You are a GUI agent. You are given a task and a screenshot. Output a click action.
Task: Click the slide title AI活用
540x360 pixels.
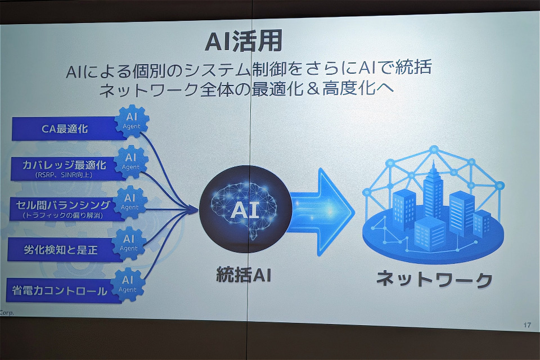pyautogui.click(x=244, y=41)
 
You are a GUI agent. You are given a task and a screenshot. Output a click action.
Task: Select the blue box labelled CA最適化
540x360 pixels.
pyautogui.click(x=65, y=128)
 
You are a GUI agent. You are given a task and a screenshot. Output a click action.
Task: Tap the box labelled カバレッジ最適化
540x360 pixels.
pyautogui.click(x=65, y=168)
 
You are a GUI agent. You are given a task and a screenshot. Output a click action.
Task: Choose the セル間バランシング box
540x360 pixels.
pyautogui.click(x=64, y=209)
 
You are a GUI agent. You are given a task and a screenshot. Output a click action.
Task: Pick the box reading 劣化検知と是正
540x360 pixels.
pyautogui.click(x=62, y=249)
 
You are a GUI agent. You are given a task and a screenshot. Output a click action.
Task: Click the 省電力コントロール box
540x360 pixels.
pyautogui.click(x=61, y=291)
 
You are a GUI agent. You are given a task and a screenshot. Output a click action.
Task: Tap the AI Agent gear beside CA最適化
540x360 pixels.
pyautogui.click(x=132, y=121)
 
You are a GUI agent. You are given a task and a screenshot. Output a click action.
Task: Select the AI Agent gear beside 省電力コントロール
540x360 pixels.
pyautogui.click(x=128, y=284)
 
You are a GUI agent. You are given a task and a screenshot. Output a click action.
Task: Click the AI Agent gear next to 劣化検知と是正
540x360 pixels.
pyautogui.click(x=129, y=243)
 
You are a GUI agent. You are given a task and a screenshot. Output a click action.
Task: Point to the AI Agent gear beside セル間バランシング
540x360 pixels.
pyautogui.click(x=130, y=202)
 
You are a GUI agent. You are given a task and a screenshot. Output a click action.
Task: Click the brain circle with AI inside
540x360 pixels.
pyautogui.click(x=245, y=209)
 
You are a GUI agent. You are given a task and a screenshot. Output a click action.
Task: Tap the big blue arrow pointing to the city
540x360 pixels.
pyautogui.click(x=320, y=211)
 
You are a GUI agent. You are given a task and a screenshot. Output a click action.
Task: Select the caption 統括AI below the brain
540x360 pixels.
pyautogui.click(x=244, y=275)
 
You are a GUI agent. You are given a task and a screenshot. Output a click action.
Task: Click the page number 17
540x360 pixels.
pyautogui.click(x=527, y=325)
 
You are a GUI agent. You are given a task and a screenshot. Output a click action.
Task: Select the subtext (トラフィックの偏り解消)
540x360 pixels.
pyautogui.click(x=62, y=215)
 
